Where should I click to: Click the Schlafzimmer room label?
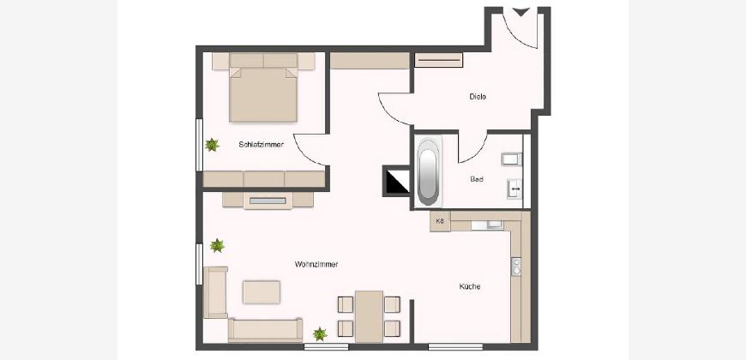(262, 145)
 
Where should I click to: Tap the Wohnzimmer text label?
(316, 264)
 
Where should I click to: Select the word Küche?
(470, 287)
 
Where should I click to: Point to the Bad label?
(477, 179)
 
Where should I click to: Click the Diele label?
(478, 97)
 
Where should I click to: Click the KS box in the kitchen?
(440, 222)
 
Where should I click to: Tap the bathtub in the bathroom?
(429, 171)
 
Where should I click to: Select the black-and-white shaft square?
(397, 181)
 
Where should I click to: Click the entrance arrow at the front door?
(521, 12)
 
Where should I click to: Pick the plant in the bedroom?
(212, 145)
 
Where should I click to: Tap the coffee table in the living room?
(262, 292)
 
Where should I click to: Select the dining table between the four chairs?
(369, 316)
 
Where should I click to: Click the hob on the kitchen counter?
(515, 267)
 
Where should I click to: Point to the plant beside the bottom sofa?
(320, 333)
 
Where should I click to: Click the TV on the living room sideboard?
(268, 201)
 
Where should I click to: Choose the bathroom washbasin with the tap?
(514, 189)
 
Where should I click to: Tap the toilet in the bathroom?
(511, 159)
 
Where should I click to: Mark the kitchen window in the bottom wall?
(455, 346)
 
